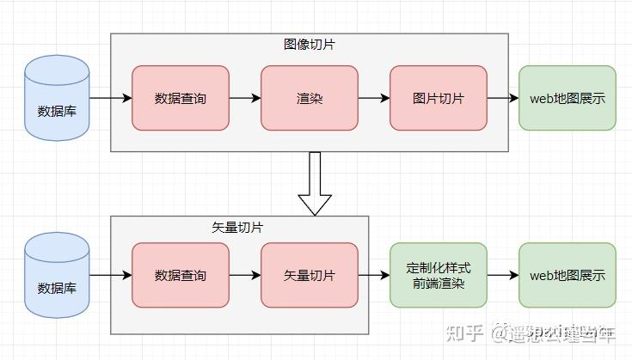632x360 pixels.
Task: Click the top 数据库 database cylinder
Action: tap(57, 98)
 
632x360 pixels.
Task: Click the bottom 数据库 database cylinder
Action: tap(57, 276)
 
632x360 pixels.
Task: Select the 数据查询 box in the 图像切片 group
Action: tap(181, 98)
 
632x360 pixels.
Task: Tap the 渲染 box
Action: tap(310, 98)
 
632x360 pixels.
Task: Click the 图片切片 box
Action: tap(439, 98)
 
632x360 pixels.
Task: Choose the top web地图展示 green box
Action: tap(568, 98)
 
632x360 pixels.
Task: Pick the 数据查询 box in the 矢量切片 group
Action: tap(181, 276)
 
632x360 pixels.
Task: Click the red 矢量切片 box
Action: tap(310, 276)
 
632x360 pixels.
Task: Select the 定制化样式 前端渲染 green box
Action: tap(439, 276)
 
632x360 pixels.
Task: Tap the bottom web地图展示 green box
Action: tap(568, 276)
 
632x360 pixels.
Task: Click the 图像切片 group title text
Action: tap(309, 45)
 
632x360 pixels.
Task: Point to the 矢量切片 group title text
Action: tap(237, 228)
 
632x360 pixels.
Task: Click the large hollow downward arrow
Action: tap(315, 183)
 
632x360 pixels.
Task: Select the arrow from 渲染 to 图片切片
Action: tap(374, 98)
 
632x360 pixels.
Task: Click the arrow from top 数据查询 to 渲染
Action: tap(245, 98)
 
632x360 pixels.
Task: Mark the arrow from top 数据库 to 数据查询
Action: tap(110, 98)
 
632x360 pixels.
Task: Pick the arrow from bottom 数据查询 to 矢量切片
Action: tap(245, 276)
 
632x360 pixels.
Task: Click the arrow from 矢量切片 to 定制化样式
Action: tap(374, 276)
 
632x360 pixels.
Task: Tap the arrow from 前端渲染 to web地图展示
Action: tap(503, 276)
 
